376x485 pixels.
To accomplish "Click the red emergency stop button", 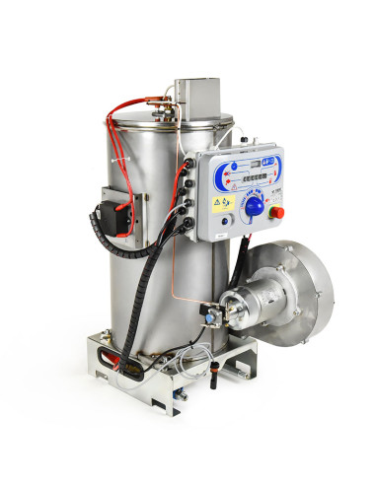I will pos(276,210).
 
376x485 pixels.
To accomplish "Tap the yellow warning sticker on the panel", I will pos(218,200).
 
